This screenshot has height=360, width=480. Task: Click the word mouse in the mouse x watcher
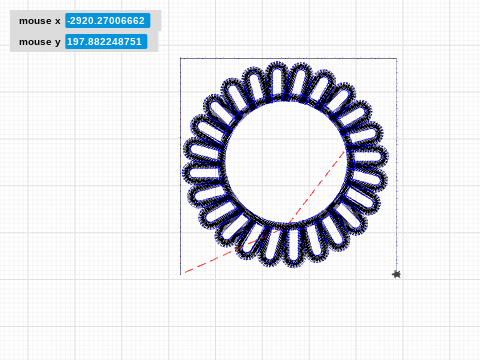pos(35,21)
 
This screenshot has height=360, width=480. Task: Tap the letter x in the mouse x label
pos(58,21)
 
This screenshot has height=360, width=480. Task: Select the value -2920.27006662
pos(106,21)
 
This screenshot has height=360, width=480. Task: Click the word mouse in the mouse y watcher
pos(35,42)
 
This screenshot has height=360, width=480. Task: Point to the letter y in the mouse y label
pos(58,43)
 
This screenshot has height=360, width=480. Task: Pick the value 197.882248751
pos(105,42)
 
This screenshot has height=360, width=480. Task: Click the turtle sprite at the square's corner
pos(396,274)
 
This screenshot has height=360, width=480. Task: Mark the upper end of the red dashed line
pos(345,151)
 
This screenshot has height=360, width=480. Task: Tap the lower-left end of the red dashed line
pos(185,272)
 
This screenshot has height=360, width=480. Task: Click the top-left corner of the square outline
pos(180,58)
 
